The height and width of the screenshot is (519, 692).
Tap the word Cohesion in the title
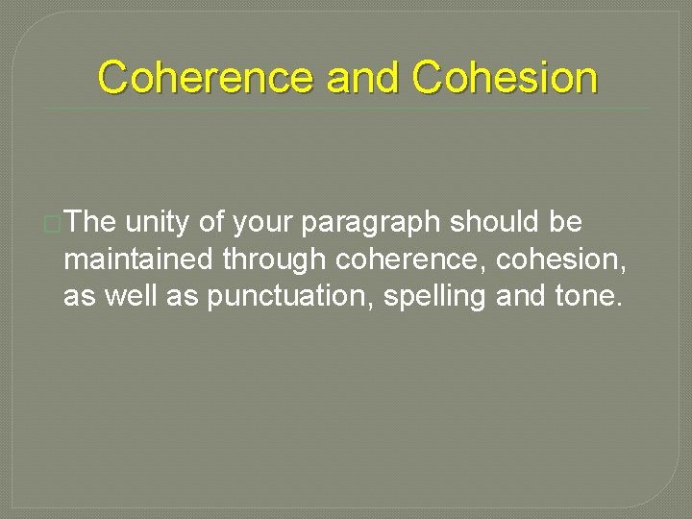point(506,78)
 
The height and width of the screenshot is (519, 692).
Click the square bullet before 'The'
point(54,224)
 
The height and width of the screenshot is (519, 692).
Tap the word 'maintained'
point(138,260)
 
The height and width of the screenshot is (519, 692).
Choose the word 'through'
point(275,260)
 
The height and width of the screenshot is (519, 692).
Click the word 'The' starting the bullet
point(92,223)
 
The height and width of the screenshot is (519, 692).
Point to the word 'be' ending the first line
point(566,223)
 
